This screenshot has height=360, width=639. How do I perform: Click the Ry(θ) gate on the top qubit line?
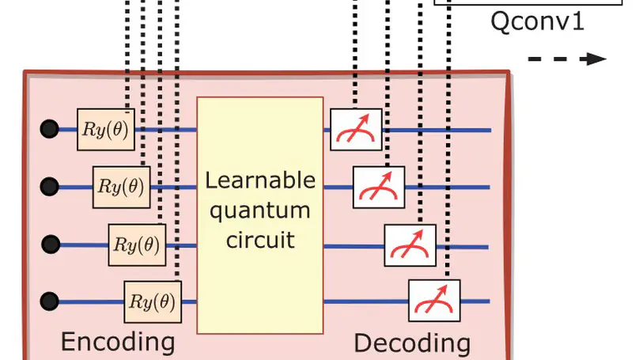tap(106, 130)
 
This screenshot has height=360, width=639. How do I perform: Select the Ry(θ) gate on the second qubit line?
tap(122, 188)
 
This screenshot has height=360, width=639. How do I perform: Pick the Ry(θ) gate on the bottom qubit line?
tap(153, 301)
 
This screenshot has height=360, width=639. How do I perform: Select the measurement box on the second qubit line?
tap(379, 188)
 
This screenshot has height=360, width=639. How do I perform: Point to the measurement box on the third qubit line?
tap(410, 245)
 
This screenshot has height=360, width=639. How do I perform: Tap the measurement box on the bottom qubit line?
tap(433, 301)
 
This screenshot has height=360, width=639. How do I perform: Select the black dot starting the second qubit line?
tap(50, 187)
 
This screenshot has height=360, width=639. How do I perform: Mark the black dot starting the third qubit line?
tap(50, 244)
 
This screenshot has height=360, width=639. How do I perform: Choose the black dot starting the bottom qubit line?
tap(50, 301)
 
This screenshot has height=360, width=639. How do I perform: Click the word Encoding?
tap(118, 342)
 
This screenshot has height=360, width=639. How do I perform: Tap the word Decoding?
tap(411, 343)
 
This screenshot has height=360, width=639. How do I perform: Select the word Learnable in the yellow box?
tap(260, 181)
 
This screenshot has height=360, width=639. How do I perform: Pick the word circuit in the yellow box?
tap(260, 238)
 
